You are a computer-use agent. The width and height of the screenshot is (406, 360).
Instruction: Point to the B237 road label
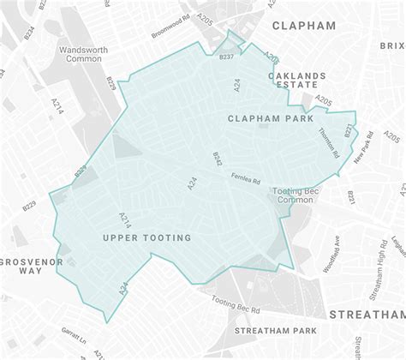tap(227, 58)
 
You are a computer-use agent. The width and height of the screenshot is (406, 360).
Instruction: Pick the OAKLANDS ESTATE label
tap(297, 81)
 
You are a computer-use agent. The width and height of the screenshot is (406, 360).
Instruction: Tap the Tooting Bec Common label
tap(294, 195)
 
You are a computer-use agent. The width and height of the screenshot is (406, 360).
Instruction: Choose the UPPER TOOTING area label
tap(146, 237)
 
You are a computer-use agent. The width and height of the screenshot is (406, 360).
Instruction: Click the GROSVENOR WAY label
tap(21, 263)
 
